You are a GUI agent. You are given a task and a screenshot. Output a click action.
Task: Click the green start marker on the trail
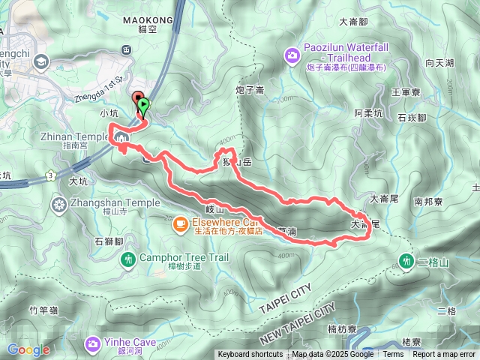[x=143, y=106]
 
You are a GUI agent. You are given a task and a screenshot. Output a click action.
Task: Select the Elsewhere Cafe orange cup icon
[x=181, y=223]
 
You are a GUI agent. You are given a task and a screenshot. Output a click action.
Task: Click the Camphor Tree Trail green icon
[x=128, y=259]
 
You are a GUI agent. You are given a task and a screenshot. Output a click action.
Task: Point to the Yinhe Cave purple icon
[x=93, y=343]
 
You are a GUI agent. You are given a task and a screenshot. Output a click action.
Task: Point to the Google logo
[x=28, y=349]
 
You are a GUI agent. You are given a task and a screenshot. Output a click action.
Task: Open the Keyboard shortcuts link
[x=250, y=355]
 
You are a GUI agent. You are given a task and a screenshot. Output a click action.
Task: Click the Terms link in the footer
[x=393, y=355]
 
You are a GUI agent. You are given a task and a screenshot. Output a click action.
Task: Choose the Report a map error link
[x=443, y=355]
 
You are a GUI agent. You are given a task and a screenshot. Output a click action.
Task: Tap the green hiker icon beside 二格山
[x=406, y=260]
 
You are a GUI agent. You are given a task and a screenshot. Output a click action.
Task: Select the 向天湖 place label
[x=440, y=64]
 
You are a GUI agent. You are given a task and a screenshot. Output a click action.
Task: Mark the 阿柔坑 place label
[x=368, y=113]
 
